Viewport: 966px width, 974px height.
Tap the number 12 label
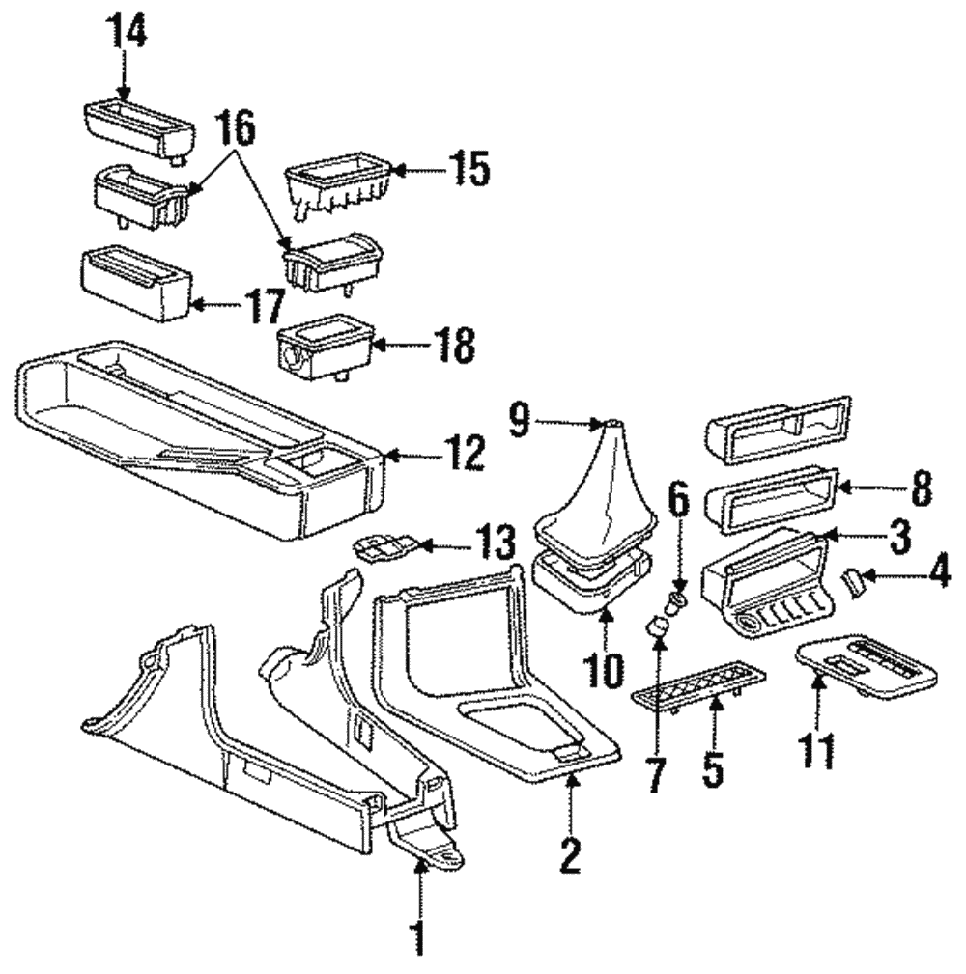click(x=460, y=454)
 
